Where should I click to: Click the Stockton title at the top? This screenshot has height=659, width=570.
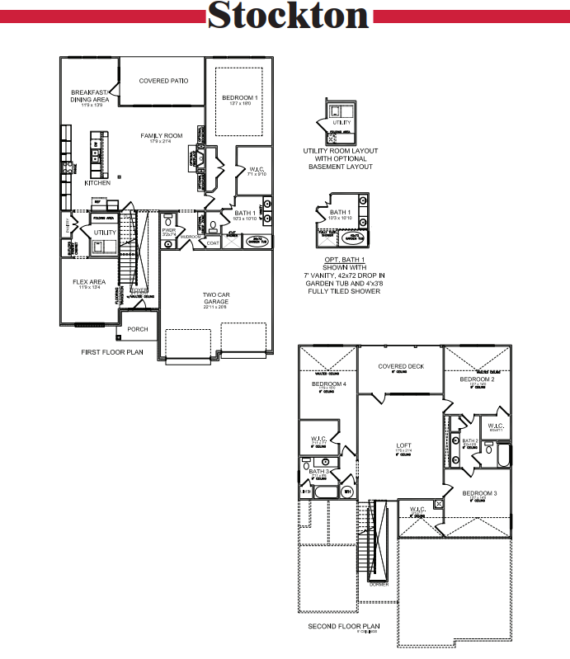coord(288,16)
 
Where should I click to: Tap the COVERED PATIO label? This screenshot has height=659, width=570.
coord(163,81)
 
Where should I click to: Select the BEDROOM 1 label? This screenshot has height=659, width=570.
coord(239,98)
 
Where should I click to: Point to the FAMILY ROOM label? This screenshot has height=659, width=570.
coord(161,135)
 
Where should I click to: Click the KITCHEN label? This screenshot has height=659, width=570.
coord(97,183)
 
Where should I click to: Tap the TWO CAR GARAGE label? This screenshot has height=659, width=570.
coord(215,298)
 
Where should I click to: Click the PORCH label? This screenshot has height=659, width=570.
coord(138,329)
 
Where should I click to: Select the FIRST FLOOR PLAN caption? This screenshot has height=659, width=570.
coord(112,351)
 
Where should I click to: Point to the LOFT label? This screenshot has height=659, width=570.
coord(403,446)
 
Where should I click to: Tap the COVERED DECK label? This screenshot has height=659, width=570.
coord(401,366)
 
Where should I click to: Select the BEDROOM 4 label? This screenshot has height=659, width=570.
coord(329,384)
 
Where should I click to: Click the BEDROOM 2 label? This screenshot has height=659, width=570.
coord(477,379)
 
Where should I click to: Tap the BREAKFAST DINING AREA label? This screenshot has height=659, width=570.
coord(90,96)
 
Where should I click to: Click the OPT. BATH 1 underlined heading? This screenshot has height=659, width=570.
coord(340,259)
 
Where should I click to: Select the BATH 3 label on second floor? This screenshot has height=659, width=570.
coord(320,471)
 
